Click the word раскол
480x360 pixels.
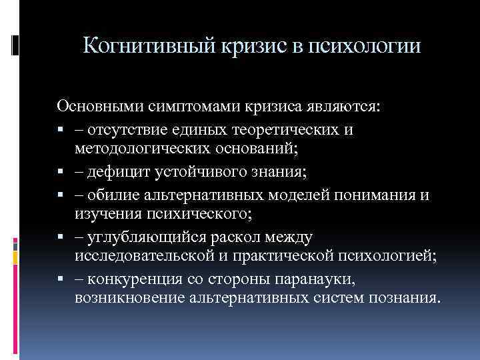pos(243,237)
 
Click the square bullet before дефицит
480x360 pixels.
pos(61,172)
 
